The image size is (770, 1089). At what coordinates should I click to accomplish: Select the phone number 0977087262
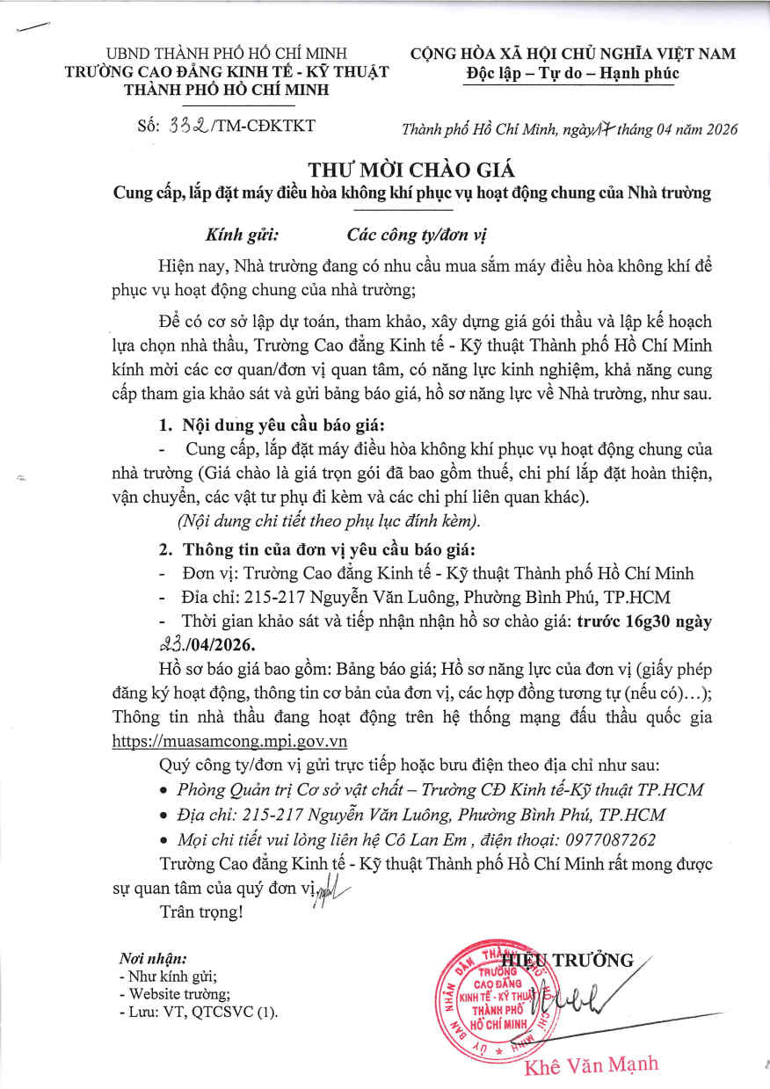[x=608, y=839]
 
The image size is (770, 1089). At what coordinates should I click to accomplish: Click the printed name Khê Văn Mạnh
[x=591, y=1065]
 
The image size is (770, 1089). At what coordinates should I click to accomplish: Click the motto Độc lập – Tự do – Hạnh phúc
[x=572, y=74]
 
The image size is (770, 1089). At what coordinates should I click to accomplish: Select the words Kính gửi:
[x=242, y=235]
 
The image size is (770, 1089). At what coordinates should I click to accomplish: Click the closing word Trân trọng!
[x=200, y=911]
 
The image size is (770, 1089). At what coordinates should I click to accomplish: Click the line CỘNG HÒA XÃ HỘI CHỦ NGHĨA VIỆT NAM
[x=573, y=54]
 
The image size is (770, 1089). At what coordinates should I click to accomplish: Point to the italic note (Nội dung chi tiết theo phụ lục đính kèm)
[x=329, y=520]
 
